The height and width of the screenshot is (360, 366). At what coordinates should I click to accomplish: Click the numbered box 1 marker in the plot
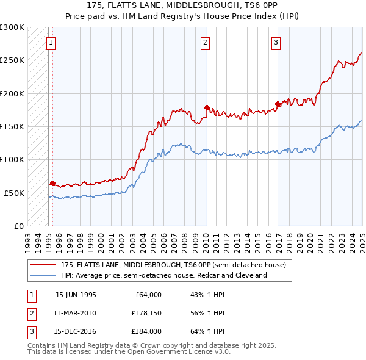coord(50,42)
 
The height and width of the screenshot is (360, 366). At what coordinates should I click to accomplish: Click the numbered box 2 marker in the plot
coord(205,42)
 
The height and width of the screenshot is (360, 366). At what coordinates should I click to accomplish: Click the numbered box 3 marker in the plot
coord(276,42)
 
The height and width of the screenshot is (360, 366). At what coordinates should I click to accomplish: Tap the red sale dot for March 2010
coord(207,108)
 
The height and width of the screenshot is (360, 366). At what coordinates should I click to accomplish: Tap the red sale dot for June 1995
coord(52,183)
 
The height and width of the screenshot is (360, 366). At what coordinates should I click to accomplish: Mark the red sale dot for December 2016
coord(278,104)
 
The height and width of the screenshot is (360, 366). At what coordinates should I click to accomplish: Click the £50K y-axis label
coord(14,193)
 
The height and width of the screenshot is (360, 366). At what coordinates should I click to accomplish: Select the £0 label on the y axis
coord(18,226)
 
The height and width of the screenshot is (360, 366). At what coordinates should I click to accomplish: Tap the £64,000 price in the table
coord(147,295)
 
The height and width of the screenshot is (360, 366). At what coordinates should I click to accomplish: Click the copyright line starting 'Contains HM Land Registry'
coord(152,345)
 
